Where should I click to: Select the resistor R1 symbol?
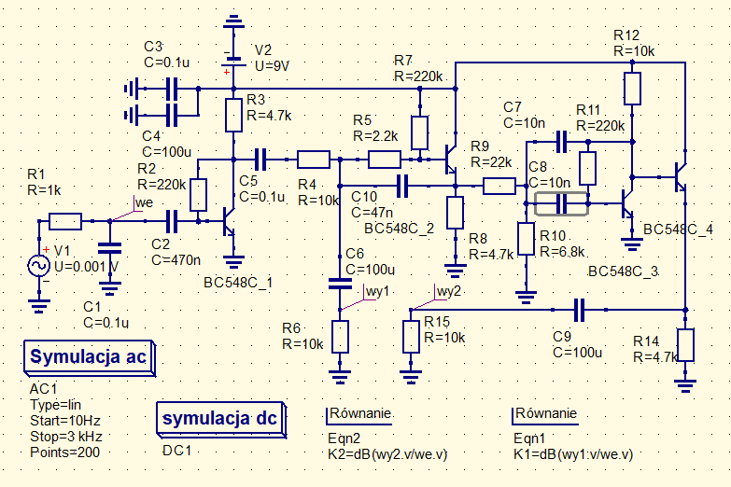(65, 221)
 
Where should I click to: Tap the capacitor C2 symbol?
(172, 221)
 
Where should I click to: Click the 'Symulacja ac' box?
(88, 357)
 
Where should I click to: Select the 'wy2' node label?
(449, 291)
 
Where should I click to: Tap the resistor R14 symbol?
(686, 344)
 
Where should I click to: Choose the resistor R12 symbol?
(633, 90)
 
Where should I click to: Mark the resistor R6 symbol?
(340, 336)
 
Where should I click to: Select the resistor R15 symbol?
(412, 336)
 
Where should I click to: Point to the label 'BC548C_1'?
(238, 283)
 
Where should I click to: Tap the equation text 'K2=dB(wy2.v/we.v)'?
(387, 453)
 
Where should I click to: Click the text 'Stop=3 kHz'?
(66, 437)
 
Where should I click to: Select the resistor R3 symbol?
(233, 116)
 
